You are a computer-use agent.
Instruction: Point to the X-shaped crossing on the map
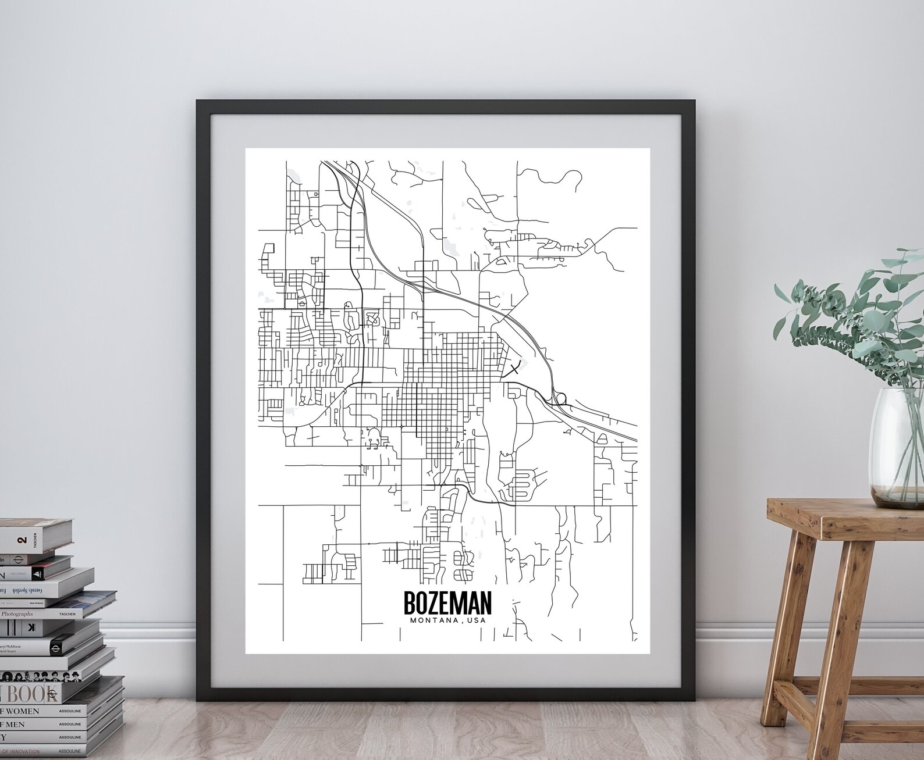[x=514, y=368]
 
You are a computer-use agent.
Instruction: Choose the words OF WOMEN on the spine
[x=20, y=711]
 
